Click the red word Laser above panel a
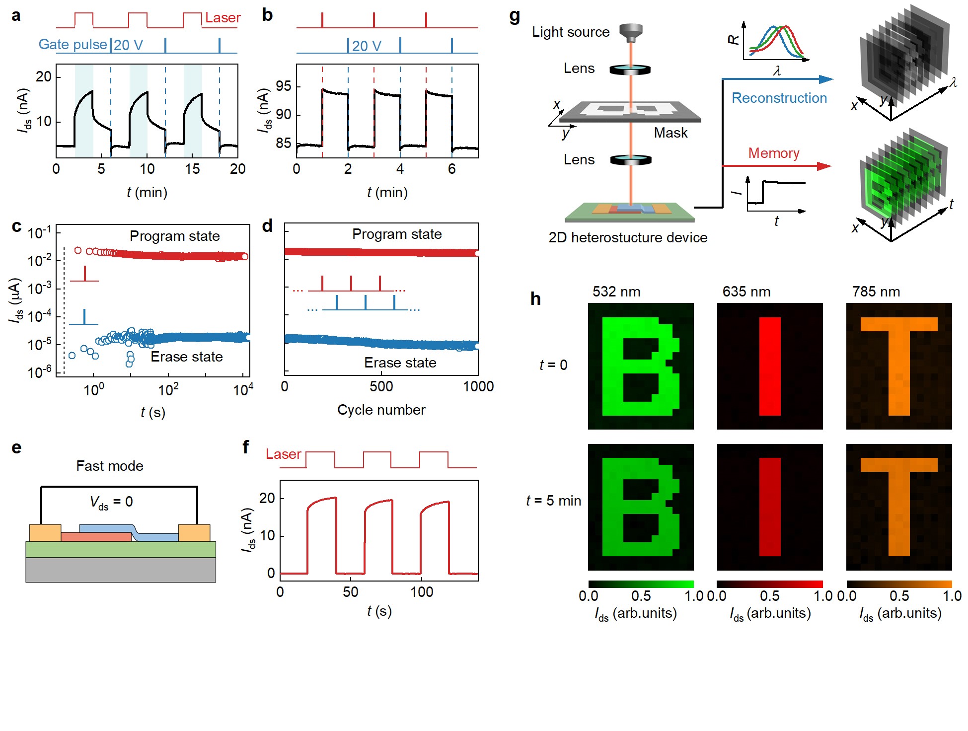(x=223, y=18)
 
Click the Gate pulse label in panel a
(x=73, y=45)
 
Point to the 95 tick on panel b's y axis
(x=283, y=86)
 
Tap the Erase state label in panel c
(x=186, y=357)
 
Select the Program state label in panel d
(x=396, y=234)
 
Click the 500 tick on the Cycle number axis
(x=381, y=386)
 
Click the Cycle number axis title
(x=381, y=410)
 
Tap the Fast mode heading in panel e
(x=109, y=466)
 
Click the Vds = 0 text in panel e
(x=111, y=502)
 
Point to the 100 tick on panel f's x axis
(x=422, y=592)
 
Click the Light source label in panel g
(x=570, y=32)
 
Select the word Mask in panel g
(x=670, y=133)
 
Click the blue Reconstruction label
(x=779, y=98)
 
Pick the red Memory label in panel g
(x=773, y=153)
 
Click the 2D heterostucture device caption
(x=628, y=237)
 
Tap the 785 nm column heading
(x=876, y=292)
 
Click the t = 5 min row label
(x=553, y=501)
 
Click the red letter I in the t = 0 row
(x=770, y=366)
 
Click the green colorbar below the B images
(x=641, y=584)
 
